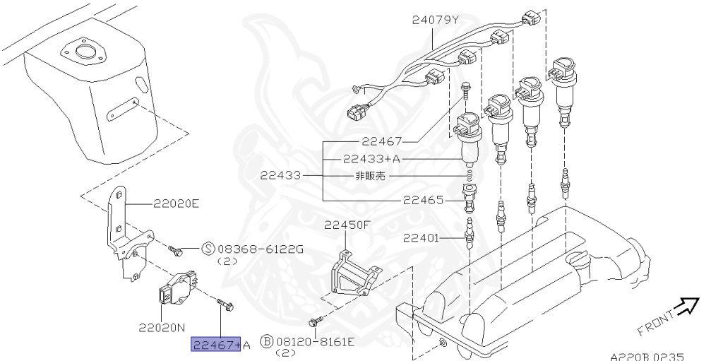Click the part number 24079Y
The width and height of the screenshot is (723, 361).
click(x=436, y=20)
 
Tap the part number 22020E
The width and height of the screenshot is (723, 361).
click(x=177, y=204)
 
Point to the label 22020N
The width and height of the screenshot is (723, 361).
click(x=162, y=328)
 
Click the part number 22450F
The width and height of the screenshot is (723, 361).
click(x=347, y=225)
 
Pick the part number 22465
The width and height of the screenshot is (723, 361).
click(x=424, y=200)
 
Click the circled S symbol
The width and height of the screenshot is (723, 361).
click(x=208, y=249)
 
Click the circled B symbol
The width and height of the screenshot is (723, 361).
click(x=267, y=343)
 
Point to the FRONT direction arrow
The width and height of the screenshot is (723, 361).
click(x=685, y=307)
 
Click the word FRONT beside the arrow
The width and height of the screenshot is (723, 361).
click(x=656, y=322)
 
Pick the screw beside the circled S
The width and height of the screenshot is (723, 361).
click(x=176, y=249)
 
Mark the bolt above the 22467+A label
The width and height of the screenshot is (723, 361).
click(x=226, y=306)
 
